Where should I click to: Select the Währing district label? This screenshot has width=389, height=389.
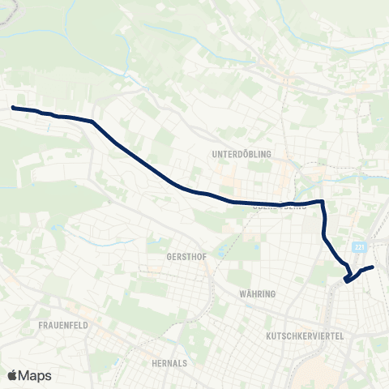pos(259,293)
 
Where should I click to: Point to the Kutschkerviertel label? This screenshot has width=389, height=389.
pos(306,335)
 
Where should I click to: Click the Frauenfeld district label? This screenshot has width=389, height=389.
pos(62,324)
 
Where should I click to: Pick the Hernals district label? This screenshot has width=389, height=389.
pos(169,363)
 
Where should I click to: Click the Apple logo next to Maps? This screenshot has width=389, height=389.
pos(12,375)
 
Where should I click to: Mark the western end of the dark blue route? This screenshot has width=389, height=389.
pos(14,107)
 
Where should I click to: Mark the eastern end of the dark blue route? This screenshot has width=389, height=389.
pos(373,267)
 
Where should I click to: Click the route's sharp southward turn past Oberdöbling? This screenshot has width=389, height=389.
pos(323,202)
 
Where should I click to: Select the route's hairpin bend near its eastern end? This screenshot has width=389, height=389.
pos(346,280)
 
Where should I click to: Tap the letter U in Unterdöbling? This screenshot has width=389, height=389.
pos(213,152)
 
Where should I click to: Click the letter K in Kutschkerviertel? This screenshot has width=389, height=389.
pos(269,335)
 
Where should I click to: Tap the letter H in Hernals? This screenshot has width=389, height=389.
pos(154,363)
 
